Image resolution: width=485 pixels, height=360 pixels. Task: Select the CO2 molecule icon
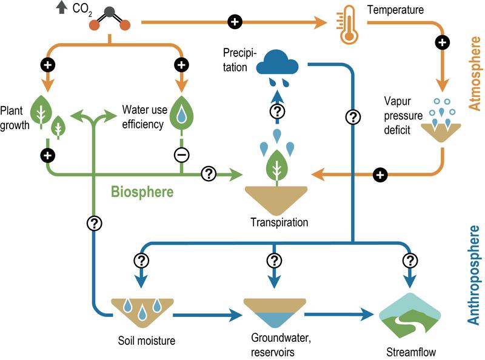[x=110, y=18]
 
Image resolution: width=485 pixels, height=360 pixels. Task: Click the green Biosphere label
[x=142, y=192]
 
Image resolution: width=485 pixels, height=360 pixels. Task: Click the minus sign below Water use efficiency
[x=181, y=155]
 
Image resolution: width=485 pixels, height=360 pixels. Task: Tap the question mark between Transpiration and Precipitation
[x=276, y=111]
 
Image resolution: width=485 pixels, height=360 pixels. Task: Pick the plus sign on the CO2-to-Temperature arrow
[x=235, y=22]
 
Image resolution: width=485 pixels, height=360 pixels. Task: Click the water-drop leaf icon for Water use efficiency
[x=181, y=113]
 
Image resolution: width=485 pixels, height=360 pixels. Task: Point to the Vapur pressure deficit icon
[x=442, y=121]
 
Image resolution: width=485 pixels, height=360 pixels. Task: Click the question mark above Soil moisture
[x=142, y=260]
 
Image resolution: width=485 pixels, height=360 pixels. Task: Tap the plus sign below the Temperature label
[x=443, y=42]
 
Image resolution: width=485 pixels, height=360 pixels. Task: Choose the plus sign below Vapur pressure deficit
[x=380, y=175]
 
